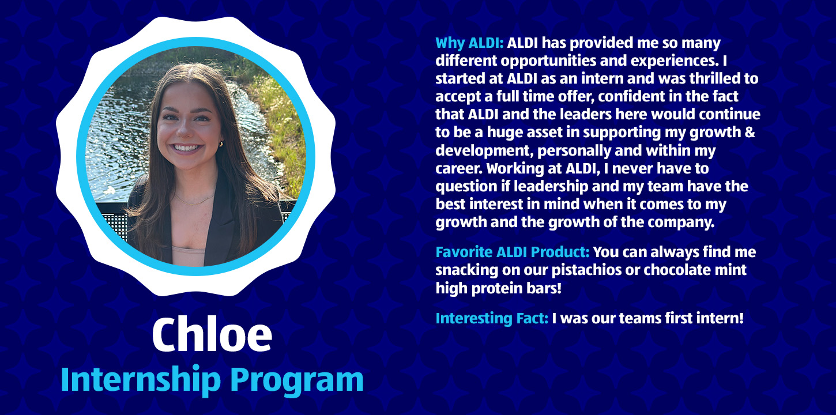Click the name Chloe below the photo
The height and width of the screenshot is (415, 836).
(x=212, y=334)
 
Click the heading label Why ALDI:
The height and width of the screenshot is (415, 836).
(x=469, y=43)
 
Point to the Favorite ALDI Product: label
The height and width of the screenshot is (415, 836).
(x=513, y=252)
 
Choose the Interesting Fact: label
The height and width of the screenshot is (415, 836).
(x=492, y=318)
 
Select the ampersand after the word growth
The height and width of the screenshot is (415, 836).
(x=750, y=133)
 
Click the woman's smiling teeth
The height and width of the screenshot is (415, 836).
(x=186, y=148)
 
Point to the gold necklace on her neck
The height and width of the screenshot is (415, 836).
(x=194, y=202)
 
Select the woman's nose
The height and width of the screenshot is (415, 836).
(x=183, y=129)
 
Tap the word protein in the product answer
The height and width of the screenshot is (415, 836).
(x=497, y=289)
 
